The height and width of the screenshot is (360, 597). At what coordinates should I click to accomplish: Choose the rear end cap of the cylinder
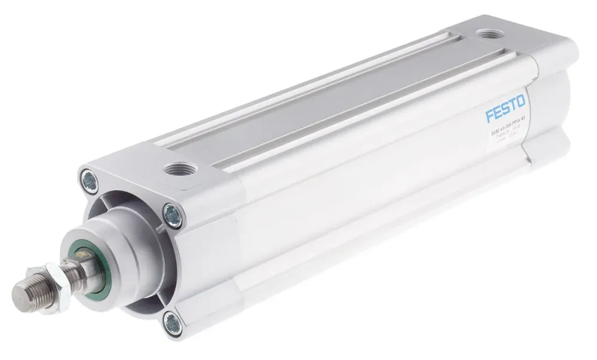(x=546, y=101)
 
